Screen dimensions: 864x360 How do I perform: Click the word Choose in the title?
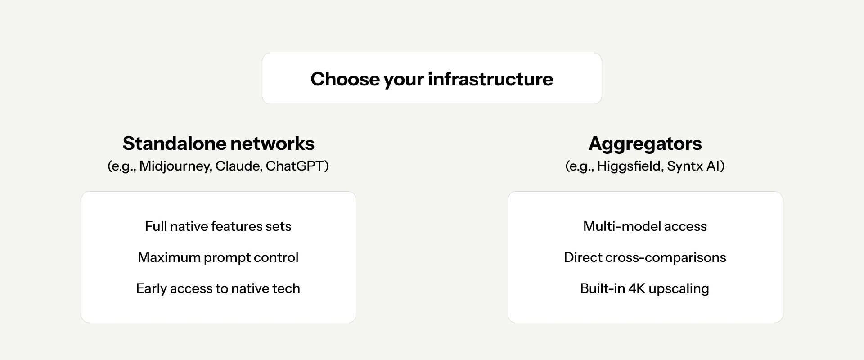[345, 79]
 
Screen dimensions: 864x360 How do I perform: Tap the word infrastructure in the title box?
[490, 79]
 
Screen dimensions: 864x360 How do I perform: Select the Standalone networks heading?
[218, 144]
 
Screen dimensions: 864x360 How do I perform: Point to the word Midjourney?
[175, 166]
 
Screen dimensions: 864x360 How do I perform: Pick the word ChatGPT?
[295, 166]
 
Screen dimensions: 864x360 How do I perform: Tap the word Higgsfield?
[630, 166]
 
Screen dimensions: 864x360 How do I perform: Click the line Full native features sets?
[218, 226]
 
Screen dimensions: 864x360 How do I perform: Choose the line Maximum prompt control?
[218, 258]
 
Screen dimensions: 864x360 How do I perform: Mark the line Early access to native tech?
[218, 289]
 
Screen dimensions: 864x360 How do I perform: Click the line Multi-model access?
[645, 226]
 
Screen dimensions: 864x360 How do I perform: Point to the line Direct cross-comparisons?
[645, 258]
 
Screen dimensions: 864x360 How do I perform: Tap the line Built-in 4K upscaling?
[645, 289]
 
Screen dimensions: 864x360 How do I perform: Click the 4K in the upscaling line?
[637, 288]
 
